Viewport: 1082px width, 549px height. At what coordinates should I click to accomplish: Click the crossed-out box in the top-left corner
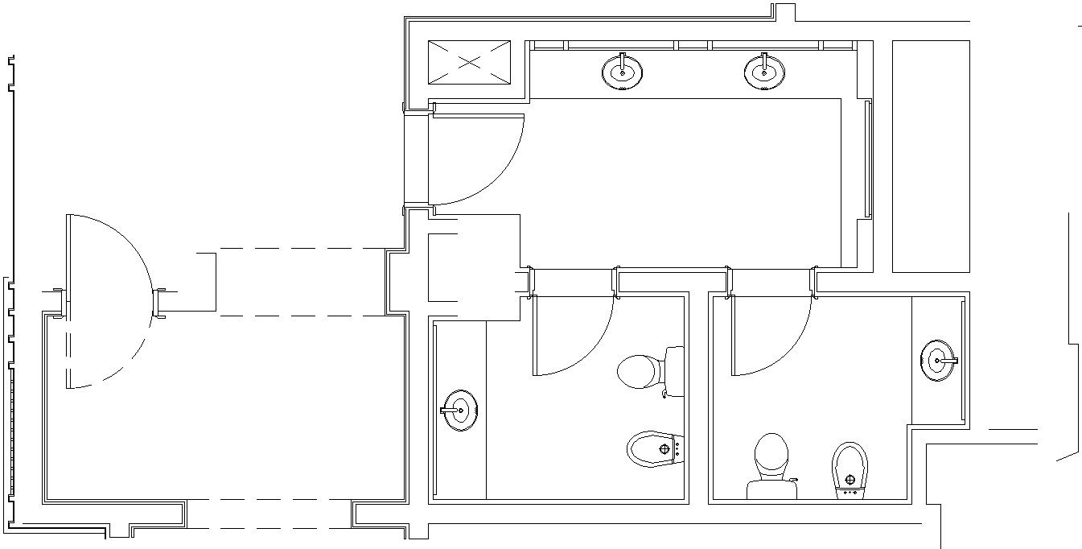tap(469, 61)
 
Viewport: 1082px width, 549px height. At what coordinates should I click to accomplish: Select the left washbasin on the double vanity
tap(622, 72)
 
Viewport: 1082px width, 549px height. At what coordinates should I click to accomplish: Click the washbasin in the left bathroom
tap(461, 410)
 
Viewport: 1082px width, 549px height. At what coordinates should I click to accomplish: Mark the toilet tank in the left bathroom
tap(674, 371)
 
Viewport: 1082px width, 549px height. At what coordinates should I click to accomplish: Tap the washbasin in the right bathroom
tap(938, 361)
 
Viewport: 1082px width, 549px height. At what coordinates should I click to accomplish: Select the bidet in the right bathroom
tap(850, 467)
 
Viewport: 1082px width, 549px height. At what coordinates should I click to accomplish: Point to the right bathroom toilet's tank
tap(771, 489)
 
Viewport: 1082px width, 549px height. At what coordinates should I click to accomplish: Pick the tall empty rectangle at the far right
tap(931, 156)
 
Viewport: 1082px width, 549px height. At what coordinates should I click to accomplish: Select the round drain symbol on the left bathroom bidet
tap(664, 448)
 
